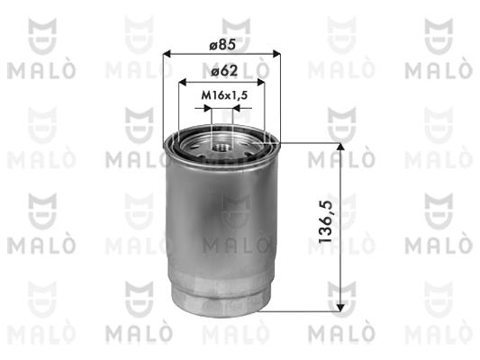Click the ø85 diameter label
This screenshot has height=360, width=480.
tap(222, 45)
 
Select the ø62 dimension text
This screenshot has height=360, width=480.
tap(224, 71)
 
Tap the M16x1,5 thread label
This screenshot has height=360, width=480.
tap(224, 95)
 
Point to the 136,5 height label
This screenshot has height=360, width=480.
tap(325, 222)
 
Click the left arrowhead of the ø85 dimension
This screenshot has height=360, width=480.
tap(167, 54)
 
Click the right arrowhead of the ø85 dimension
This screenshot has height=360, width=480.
tap(276, 54)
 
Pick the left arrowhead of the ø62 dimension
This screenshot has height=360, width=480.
tap(183, 82)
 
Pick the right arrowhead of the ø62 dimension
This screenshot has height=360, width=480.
tap(261, 82)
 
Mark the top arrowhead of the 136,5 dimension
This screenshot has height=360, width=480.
tap(340, 147)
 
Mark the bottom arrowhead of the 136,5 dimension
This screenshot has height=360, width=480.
tap(340, 308)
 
